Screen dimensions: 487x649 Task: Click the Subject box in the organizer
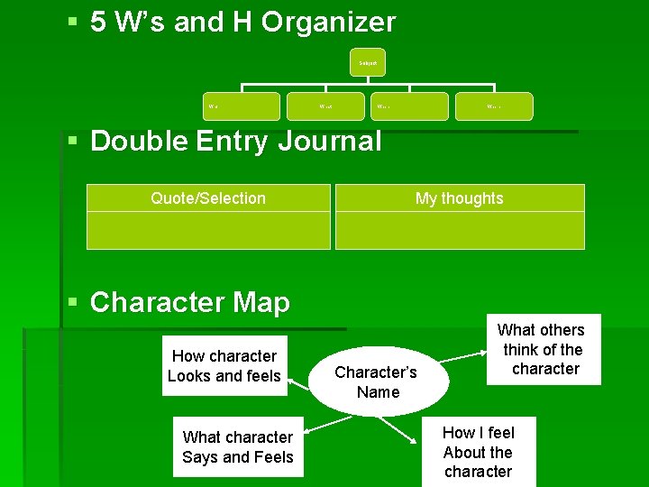tap(367, 62)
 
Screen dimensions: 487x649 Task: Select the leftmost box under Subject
tap(240, 106)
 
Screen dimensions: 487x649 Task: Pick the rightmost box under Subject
tap(494, 106)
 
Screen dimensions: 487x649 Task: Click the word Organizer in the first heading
tap(328, 22)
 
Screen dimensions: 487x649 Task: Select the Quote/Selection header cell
tap(208, 198)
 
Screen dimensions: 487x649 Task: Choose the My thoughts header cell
tap(460, 198)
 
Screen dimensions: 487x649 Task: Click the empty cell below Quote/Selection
tap(208, 230)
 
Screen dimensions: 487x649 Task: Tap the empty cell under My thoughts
tap(460, 230)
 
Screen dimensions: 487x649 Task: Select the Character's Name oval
tap(378, 381)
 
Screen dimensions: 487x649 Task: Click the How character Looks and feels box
tap(224, 366)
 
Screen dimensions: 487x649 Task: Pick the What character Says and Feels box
tap(238, 447)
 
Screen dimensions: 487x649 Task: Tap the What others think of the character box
tap(543, 349)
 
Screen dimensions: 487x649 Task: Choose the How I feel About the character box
tap(478, 452)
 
